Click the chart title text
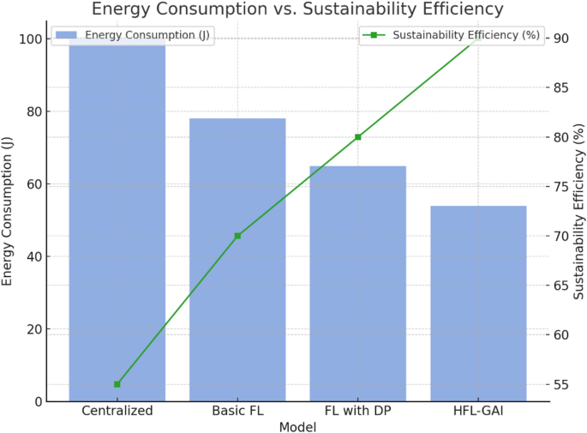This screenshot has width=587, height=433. [297, 10]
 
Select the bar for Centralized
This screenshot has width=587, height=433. [117, 223]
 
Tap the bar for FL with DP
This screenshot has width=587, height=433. [358, 283]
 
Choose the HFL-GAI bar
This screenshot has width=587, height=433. [478, 304]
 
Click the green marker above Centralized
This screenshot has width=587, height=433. [117, 384]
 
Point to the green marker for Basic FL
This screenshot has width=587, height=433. [237, 236]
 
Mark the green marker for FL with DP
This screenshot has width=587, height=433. [358, 137]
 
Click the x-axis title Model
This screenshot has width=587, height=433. [297, 426]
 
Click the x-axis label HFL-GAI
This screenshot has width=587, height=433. [478, 411]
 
